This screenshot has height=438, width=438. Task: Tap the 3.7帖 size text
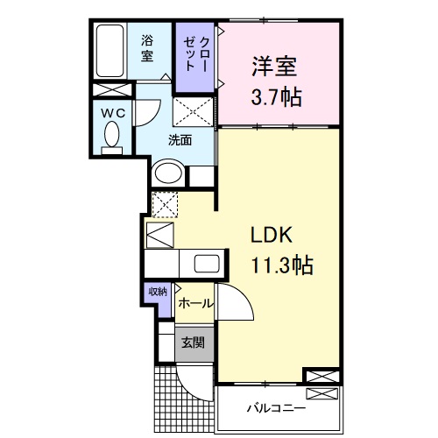pyautogui.click(x=278, y=95)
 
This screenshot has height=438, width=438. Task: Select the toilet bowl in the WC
pyautogui.click(x=112, y=136)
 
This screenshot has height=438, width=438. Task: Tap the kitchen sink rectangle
pyautogui.click(x=208, y=263)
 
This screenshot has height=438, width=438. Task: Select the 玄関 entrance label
pyautogui.click(x=193, y=343)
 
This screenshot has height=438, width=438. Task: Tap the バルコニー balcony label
pyautogui.click(x=275, y=409)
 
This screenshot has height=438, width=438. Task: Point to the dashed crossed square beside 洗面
pyautogui.click(x=193, y=111)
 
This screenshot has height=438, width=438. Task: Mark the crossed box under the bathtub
pyautogui.click(x=111, y=91)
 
